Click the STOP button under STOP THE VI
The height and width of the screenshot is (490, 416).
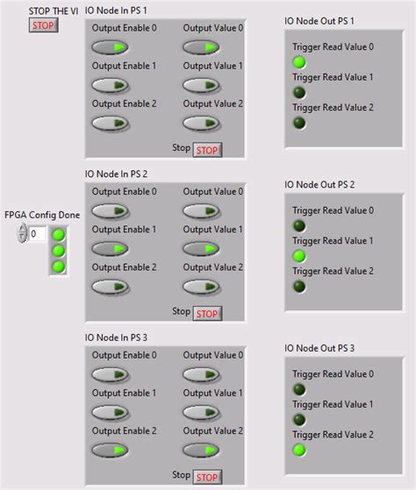(x=42, y=25)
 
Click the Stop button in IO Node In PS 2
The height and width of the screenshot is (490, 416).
(x=207, y=313)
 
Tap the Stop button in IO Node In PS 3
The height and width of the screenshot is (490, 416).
(x=207, y=477)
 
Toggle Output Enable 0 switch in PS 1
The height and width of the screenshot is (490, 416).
(x=110, y=47)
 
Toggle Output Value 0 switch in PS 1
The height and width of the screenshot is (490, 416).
(x=201, y=47)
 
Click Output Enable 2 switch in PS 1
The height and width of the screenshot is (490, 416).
(x=110, y=123)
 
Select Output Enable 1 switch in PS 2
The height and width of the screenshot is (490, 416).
(x=110, y=248)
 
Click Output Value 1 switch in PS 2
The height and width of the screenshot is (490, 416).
(x=201, y=248)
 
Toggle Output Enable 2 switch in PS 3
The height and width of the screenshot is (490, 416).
(x=110, y=451)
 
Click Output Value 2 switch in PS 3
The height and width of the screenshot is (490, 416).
(x=201, y=451)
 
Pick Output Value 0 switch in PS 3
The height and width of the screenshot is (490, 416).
(x=201, y=374)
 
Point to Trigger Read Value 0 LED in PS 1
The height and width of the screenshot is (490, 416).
(x=299, y=62)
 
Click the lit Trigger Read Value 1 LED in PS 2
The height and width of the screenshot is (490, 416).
(x=299, y=256)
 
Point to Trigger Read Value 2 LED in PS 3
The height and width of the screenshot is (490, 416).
(x=299, y=450)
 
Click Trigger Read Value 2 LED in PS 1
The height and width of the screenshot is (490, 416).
(x=299, y=123)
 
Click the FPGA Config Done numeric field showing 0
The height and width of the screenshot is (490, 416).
(x=38, y=234)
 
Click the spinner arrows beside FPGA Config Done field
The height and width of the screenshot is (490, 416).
(x=22, y=234)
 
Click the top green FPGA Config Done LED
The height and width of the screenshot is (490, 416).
(x=59, y=234)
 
